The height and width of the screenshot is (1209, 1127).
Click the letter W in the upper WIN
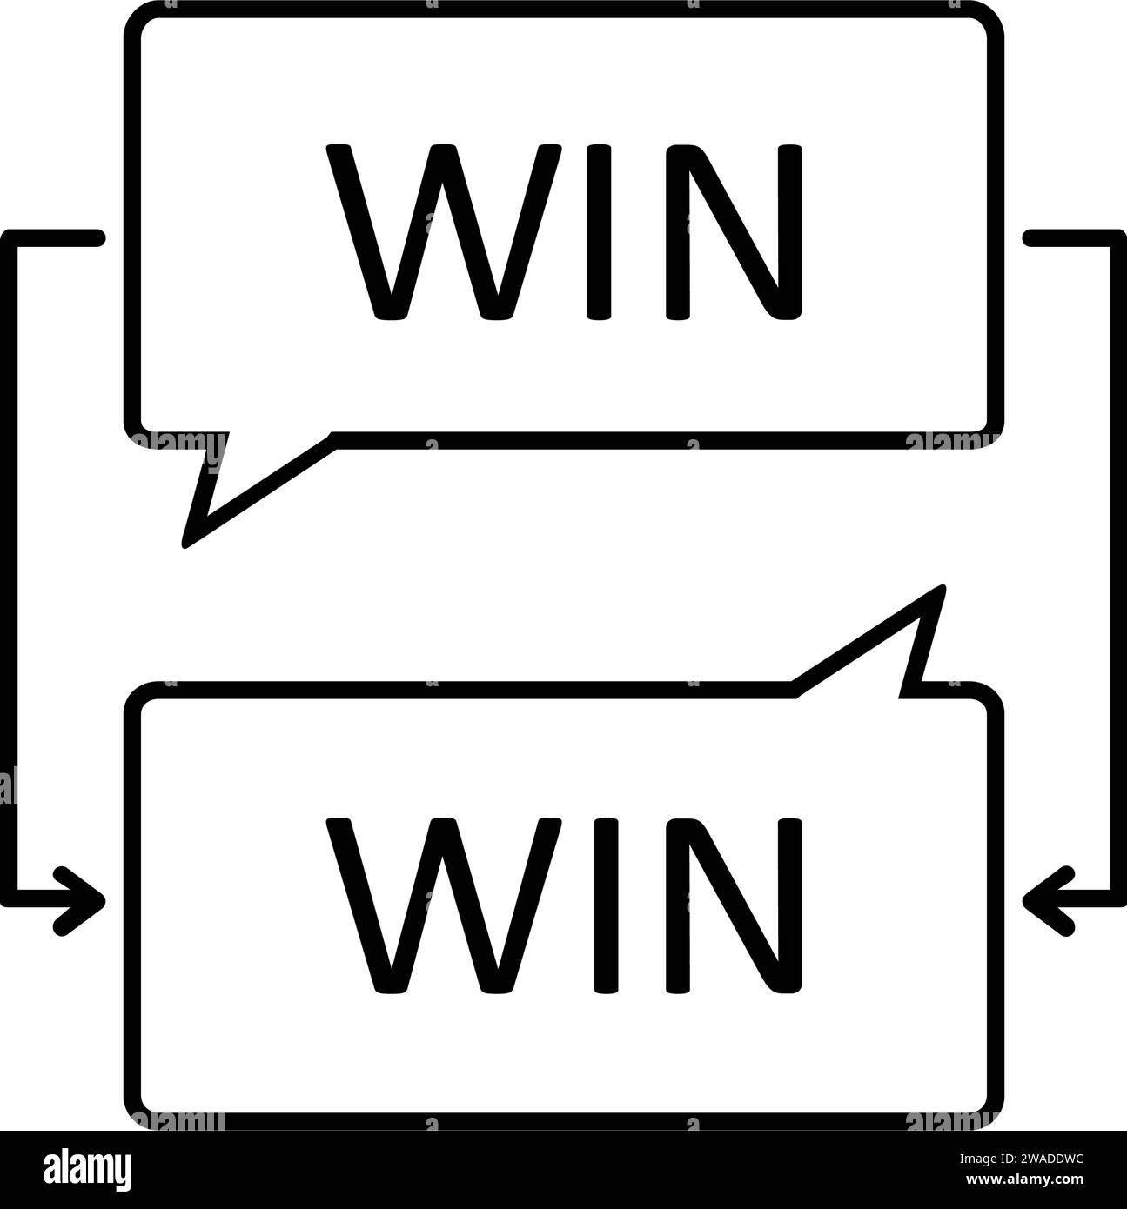444,231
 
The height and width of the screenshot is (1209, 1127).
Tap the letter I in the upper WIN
599,231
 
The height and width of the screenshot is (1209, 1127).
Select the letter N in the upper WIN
734,231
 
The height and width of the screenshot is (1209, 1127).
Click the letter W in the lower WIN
444,905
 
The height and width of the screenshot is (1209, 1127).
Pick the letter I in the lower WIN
606,905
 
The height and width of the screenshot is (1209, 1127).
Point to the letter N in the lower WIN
734,905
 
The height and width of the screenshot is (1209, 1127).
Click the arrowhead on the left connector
82,900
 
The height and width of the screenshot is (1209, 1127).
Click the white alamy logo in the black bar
87,1170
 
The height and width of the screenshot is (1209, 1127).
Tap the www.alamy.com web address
1024,1179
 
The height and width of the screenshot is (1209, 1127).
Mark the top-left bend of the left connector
9,238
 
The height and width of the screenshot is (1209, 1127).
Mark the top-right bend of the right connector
1117,238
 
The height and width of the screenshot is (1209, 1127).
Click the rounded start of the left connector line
97,238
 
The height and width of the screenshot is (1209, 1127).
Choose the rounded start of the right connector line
1030,238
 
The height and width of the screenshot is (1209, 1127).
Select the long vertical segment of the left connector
9,569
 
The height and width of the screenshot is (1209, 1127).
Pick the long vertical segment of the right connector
1118,569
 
